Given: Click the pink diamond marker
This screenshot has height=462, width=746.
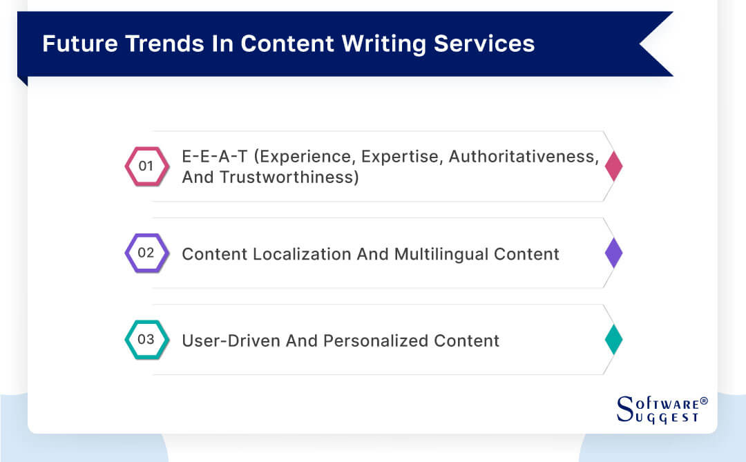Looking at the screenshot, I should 613,166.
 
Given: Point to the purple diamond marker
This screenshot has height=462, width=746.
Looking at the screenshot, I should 613,253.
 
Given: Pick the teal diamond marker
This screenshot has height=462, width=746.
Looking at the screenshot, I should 613,340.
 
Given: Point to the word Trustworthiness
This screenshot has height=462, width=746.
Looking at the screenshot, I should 290,177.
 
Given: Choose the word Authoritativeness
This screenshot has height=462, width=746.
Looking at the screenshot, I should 523,157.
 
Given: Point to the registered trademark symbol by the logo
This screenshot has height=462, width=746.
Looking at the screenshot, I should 704,401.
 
